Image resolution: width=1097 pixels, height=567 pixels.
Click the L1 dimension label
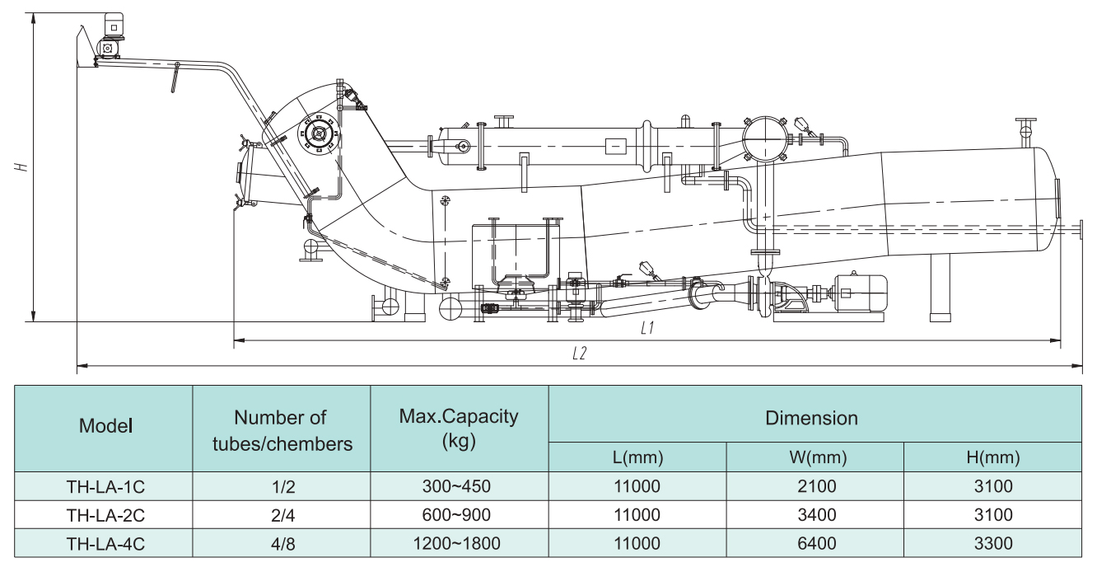[x=647, y=328]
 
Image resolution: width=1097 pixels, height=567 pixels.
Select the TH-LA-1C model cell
[x=105, y=487]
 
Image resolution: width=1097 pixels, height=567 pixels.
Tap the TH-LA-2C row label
[x=105, y=515]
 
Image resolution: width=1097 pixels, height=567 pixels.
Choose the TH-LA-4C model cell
[x=105, y=544]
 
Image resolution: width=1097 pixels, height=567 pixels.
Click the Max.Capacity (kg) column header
[x=459, y=427]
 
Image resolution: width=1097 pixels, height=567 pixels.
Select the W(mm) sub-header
[x=815, y=457]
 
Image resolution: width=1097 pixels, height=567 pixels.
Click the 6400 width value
[x=815, y=544]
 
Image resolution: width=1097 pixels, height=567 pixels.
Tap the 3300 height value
[x=992, y=544]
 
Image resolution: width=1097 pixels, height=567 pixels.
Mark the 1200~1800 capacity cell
[x=459, y=544]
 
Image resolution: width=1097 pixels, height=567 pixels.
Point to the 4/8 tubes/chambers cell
[x=282, y=544]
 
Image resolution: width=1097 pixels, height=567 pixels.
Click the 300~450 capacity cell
[x=459, y=487]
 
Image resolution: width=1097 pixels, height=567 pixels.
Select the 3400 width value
[x=815, y=515]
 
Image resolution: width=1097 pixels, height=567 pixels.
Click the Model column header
[x=105, y=427]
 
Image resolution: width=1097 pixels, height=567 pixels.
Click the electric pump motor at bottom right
[x=857, y=292]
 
